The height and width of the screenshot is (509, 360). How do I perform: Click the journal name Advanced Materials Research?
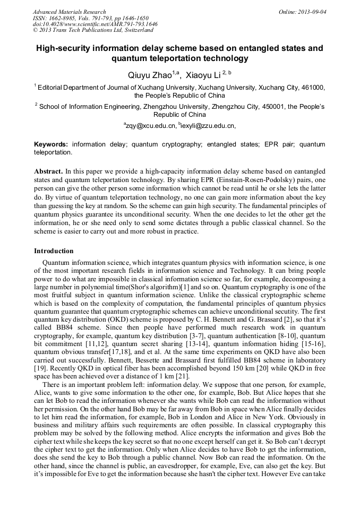click(69, 12)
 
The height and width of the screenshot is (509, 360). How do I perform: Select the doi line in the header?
click(95, 24)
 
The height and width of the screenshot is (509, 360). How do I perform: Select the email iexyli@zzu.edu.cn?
click(207, 126)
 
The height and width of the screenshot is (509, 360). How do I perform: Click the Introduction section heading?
click(54, 251)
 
